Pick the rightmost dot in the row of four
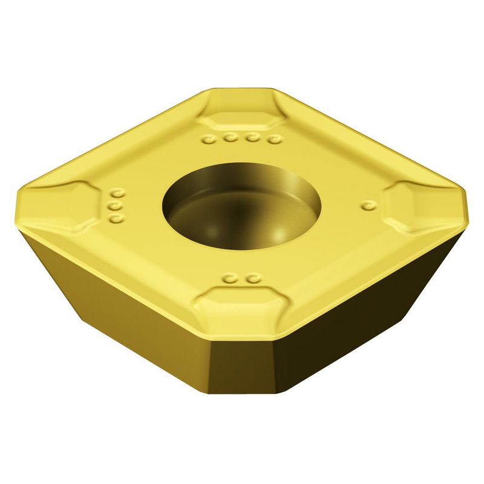(275, 140)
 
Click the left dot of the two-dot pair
(229, 279)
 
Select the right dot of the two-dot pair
(251, 280)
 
